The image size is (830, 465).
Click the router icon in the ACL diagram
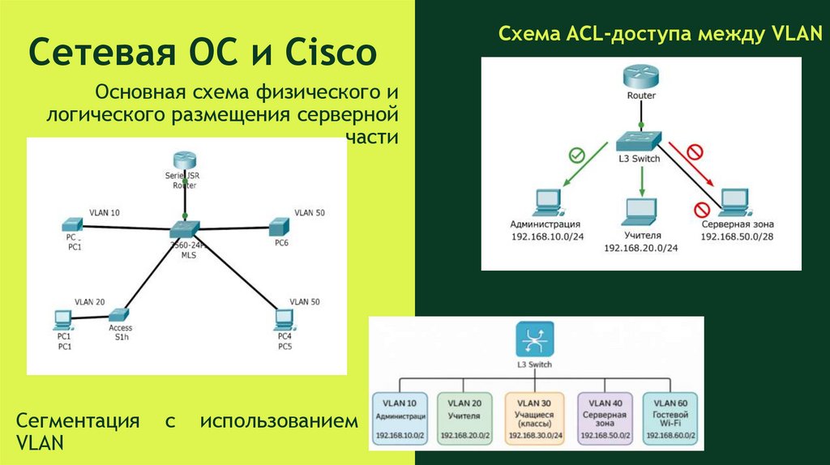(641, 77)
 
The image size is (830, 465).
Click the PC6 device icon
(280, 226)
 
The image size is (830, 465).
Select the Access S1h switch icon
(119, 314)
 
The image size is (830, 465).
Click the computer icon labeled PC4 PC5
(283, 318)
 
